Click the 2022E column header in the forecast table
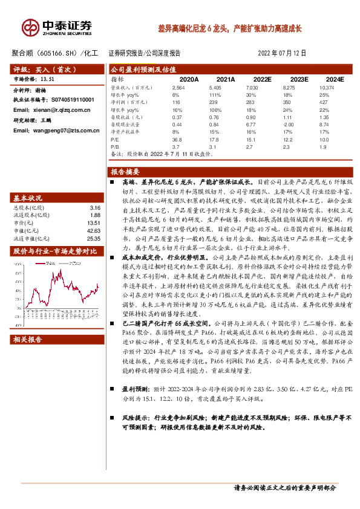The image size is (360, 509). (262, 79)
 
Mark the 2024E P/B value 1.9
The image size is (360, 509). (324, 146)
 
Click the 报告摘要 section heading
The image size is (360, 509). (125, 171)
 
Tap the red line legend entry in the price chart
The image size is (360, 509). (41, 264)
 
